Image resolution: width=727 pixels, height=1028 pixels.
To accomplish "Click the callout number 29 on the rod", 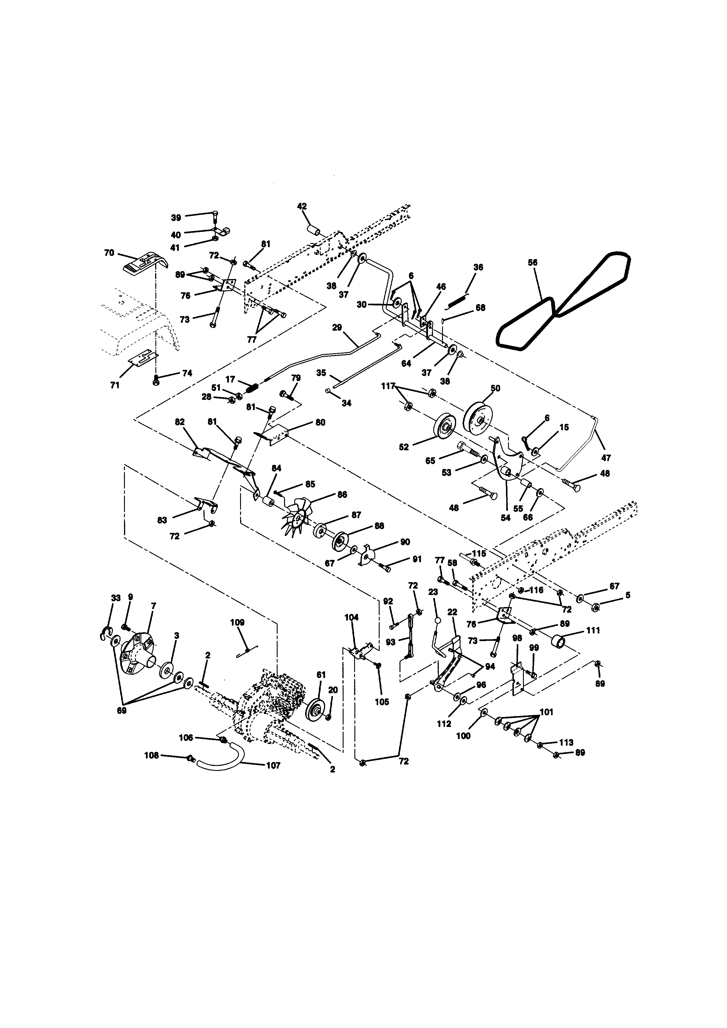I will (337, 327).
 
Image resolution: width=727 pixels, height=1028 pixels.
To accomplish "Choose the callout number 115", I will (480, 553).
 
